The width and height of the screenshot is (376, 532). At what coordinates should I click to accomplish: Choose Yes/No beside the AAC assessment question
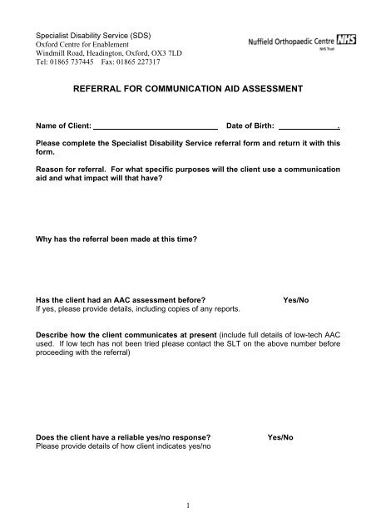coord(298,299)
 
